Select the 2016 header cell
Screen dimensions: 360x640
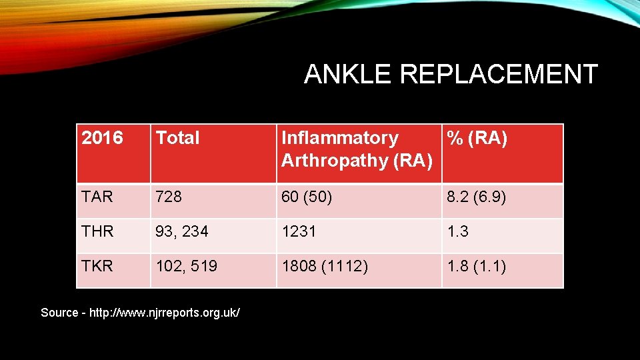tap(102, 138)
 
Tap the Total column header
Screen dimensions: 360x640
tap(177, 138)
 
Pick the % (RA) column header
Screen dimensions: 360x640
tap(477, 138)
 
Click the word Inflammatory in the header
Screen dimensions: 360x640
tap(339, 138)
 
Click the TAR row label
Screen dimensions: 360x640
tap(97, 197)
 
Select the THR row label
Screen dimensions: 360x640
tap(97, 231)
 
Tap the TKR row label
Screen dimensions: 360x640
tap(97, 267)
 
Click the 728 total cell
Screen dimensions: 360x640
tap(169, 197)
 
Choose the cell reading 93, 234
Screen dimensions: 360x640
tap(182, 231)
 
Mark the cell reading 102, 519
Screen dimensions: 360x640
tap(187, 267)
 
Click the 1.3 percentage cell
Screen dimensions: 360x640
tap(458, 231)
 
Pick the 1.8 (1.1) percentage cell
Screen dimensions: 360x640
tap(477, 267)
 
